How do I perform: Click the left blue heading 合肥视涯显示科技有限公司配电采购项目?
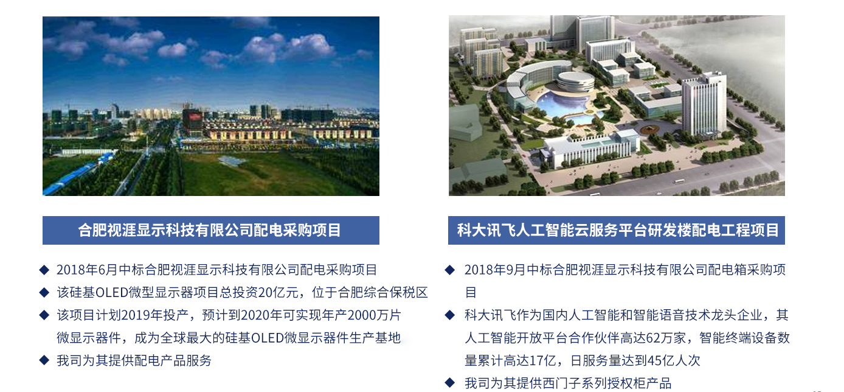point(210,230)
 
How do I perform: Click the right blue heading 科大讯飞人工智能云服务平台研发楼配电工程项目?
point(618,230)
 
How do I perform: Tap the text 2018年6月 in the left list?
point(87,270)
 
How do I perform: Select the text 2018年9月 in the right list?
point(495,270)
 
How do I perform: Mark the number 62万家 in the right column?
point(666,338)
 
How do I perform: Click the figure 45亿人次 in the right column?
point(674,361)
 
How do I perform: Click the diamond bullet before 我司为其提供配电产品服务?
point(44,360)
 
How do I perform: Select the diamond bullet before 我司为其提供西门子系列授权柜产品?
point(450,383)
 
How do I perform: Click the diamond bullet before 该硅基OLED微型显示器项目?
point(44,292)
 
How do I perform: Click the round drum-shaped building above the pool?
point(575,82)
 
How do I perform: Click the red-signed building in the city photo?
point(192,121)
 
